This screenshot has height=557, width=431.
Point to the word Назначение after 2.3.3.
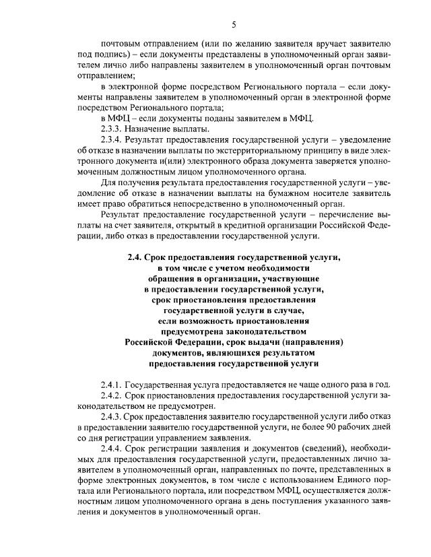[x=154, y=129]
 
